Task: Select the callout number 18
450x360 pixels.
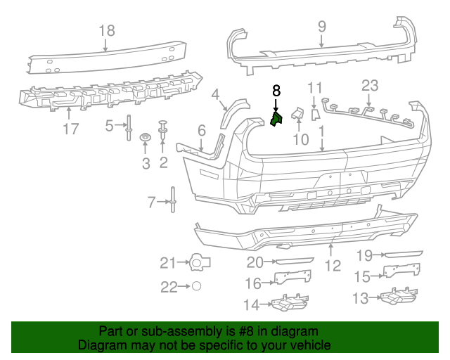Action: click(106, 30)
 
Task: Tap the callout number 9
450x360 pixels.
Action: click(321, 26)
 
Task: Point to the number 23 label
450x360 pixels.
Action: click(370, 86)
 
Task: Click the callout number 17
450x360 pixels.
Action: click(70, 129)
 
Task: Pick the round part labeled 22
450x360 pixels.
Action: click(197, 286)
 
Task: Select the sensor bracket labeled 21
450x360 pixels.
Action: click(200, 263)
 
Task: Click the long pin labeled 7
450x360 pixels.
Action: click(172, 203)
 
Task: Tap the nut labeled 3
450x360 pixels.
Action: click(146, 136)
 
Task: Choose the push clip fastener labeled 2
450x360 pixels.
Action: click(163, 128)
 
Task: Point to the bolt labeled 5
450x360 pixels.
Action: click(129, 127)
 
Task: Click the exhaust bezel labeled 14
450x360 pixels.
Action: click(288, 304)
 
